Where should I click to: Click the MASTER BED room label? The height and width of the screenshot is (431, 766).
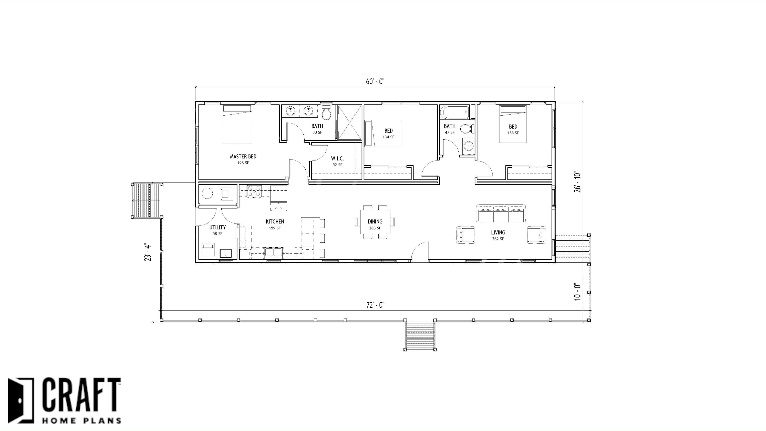tap(243, 156)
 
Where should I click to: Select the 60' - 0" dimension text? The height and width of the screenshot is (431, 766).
tap(375, 82)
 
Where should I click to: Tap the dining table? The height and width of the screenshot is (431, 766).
tap(375, 222)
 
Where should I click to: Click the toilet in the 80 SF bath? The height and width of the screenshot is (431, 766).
tap(326, 113)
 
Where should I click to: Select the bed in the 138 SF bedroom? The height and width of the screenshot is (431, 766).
tap(513, 124)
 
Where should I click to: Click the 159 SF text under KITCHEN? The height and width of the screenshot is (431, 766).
tap(274, 228)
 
